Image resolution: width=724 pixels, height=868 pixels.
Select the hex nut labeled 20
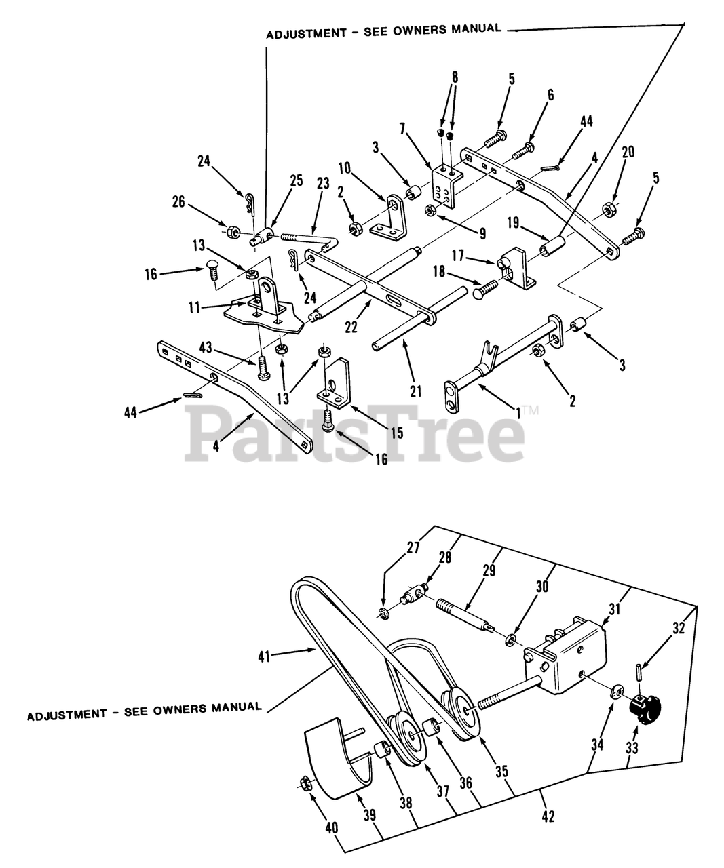pos(610,206)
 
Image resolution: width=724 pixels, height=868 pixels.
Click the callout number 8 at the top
pos(455,77)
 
